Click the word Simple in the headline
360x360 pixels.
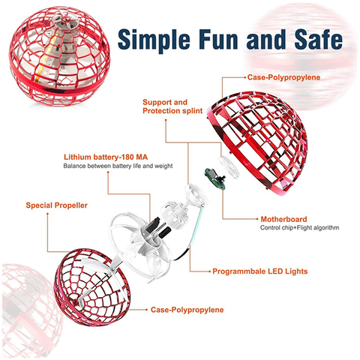(154, 40)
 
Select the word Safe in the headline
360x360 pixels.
(319, 39)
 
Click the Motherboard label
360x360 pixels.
(283, 219)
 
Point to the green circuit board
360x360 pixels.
(214, 178)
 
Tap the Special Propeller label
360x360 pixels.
(57, 205)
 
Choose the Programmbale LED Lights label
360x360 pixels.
(260, 271)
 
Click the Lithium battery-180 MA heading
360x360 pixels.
(106, 157)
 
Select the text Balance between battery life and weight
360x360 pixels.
(118, 166)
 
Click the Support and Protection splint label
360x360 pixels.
(172, 106)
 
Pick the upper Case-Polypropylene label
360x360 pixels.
(283, 77)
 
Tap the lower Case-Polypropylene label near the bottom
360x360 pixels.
(187, 310)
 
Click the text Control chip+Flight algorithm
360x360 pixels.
(299, 228)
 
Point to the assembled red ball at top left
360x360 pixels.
(59, 56)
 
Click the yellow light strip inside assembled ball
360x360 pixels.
(47, 58)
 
